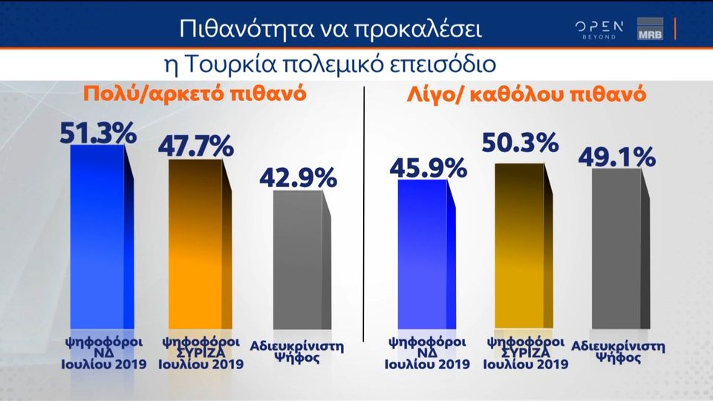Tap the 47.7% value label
click(x=195, y=146)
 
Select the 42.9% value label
click(x=298, y=178)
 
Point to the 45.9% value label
click(x=428, y=168)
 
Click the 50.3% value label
click(x=520, y=143)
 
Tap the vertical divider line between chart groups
click(x=363, y=215)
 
